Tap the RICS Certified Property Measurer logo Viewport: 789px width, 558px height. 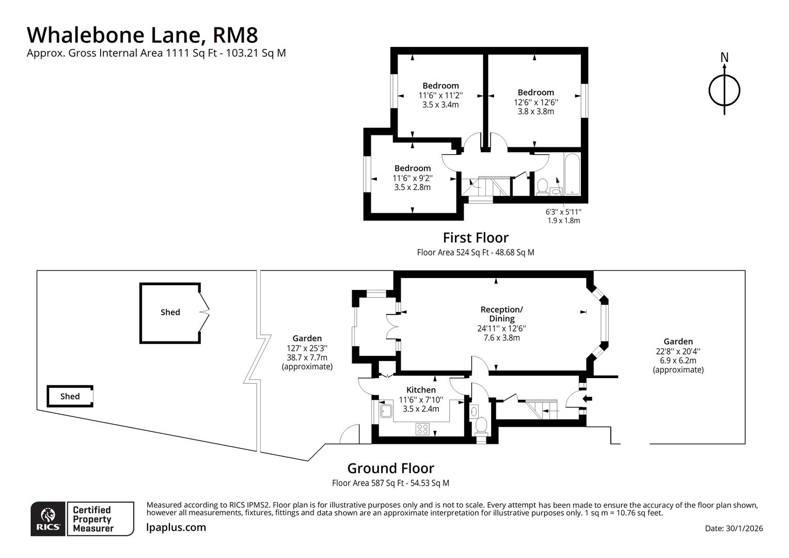click(x=82, y=519)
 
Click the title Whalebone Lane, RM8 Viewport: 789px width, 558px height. click(x=142, y=35)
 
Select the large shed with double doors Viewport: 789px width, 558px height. click(x=170, y=313)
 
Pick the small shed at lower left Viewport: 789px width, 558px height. click(x=70, y=396)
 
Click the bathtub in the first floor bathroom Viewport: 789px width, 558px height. click(x=572, y=174)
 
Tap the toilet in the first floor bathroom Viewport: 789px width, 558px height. click(x=542, y=187)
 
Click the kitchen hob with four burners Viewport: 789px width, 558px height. click(x=422, y=428)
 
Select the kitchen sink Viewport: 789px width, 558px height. click(x=386, y=411)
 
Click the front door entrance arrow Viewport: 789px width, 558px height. click(x=588, y=398)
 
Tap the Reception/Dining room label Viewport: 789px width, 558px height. click(x=501, y=314)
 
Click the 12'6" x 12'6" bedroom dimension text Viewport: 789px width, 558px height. click(x=535, y=102)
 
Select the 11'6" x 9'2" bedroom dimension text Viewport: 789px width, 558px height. click(x=412, y=178)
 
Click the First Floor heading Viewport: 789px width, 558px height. click(x=476, y=238)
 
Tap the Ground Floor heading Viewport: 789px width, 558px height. click(x=390, y=468)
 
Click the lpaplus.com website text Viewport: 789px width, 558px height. click(x=176, y=527)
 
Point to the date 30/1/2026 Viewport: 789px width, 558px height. click(x=734, y=528)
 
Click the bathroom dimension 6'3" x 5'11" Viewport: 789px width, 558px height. click(x=563, y=212)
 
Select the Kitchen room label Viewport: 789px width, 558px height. click(x=421, y=390)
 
